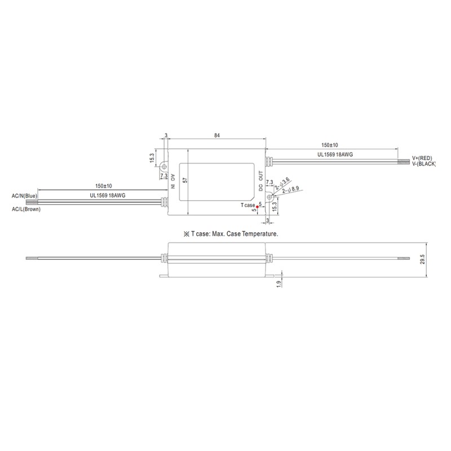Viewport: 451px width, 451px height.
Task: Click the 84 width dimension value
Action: pyautogui.click(x=217, y=135)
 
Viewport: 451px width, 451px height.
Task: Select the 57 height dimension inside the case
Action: pyautogui.click(x=185, y=180)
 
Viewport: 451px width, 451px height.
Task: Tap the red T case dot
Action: pyautogui.click(x=257, y=206)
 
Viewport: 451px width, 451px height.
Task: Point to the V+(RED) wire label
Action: pyautogui.click(x=422, y=158)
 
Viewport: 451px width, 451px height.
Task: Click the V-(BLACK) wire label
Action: pyautogui.click(x=424, y=164)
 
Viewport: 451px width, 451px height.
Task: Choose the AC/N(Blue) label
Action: pyautogui.click(x=24, y=196)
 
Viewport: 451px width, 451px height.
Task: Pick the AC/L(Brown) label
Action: pyautogui.click(x=26, y=209)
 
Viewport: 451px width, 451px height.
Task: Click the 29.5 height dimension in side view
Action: pyautogui.click(x=422, y=259)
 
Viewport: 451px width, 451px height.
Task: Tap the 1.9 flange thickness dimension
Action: pyautogui.click(x=278, y=284)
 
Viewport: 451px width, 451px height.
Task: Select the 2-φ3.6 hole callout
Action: pyautogui.click(x=282, y=184)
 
